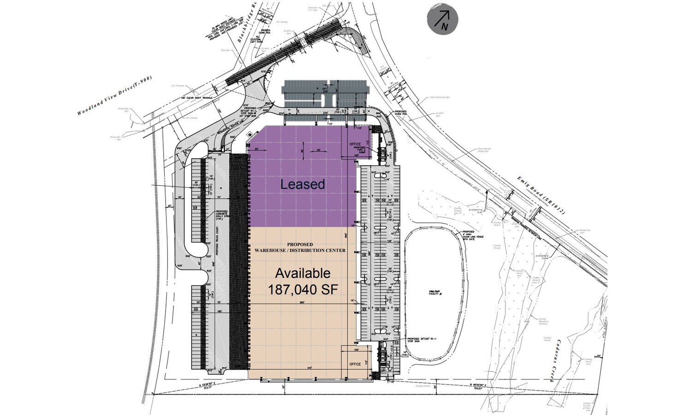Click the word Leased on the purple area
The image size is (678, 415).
tap(303, 184)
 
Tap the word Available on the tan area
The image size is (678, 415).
tap(303, 273)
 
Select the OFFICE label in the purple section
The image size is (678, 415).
tap(355, 144)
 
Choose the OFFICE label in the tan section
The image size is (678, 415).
tap(355, 364)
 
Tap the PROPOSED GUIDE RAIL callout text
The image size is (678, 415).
tap(400, 113)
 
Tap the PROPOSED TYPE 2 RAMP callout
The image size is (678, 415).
tap(359, 150)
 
